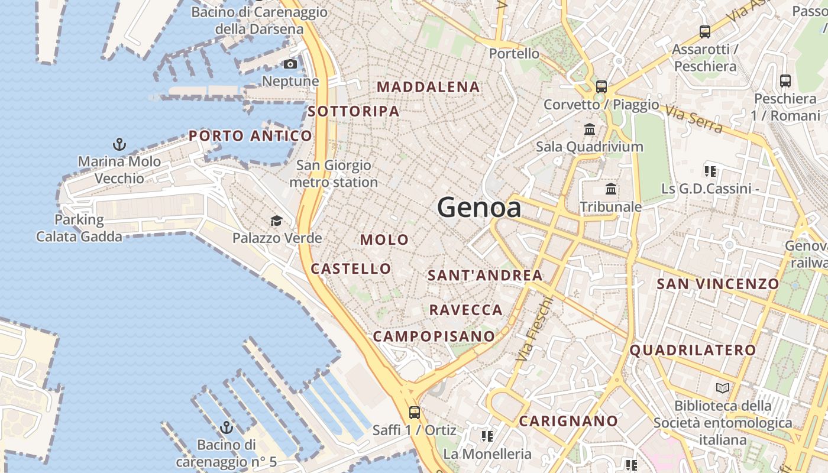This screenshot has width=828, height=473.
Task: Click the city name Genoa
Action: point(479,208)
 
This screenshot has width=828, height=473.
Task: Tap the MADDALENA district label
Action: point(428,87)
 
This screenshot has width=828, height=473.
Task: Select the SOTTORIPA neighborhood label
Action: point(354,111)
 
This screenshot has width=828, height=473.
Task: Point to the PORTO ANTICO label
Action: point(250,136)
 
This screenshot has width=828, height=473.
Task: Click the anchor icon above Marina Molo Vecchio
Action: point(119,144)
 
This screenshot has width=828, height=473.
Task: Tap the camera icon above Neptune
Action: point(290,64)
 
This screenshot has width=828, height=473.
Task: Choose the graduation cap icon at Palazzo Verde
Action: point(276,221)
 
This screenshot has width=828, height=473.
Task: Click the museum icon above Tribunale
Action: point(611,189)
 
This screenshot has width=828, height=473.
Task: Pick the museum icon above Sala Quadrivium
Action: point(590,129)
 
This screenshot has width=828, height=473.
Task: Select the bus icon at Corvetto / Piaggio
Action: point(601,87)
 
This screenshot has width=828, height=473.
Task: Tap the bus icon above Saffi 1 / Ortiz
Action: point(415,412)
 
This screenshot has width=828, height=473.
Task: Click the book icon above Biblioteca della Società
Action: point(723,388)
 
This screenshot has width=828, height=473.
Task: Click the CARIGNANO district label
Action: point(568,422)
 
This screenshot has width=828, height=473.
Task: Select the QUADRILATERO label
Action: point(693,350)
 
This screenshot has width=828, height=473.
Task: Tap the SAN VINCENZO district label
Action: point(718,284)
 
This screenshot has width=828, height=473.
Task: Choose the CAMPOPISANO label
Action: point(434,336)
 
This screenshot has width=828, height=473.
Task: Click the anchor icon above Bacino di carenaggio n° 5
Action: point(226,427)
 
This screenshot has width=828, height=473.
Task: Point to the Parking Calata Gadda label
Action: point(79,228)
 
